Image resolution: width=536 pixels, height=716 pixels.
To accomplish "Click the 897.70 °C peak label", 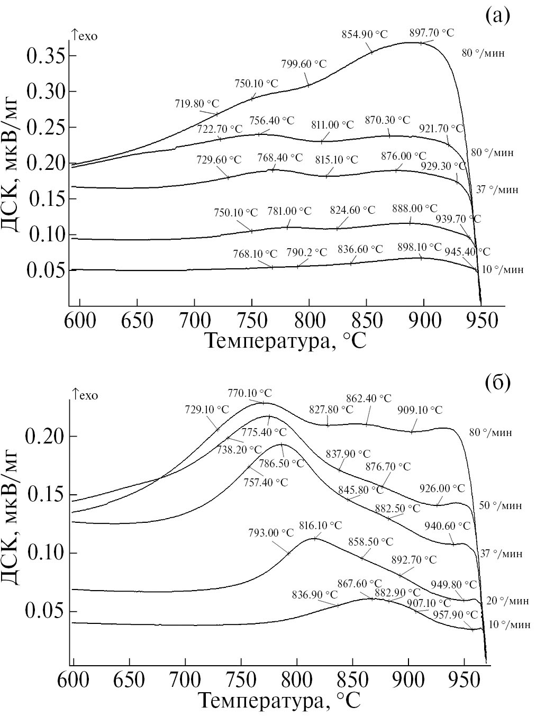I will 432,33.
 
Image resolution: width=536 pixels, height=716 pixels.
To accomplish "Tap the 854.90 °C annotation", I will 365,34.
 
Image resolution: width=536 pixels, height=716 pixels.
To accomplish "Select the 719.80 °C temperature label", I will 197,104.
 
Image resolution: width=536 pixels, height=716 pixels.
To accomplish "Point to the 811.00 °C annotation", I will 332,125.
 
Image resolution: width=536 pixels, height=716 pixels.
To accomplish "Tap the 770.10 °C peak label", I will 250,393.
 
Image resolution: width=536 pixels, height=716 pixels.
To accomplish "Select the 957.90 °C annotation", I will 456,615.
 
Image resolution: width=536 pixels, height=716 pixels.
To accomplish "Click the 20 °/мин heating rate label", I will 507,601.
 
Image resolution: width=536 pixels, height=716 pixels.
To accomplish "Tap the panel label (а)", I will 497,16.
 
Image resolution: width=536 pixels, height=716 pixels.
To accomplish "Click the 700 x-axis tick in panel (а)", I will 195,321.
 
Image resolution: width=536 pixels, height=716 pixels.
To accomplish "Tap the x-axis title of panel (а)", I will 285,341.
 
